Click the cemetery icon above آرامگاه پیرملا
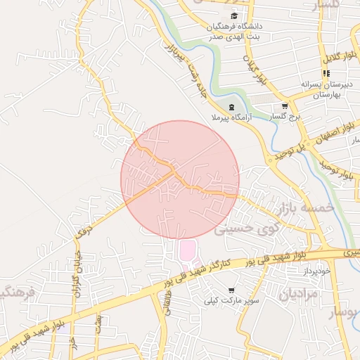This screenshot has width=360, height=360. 231,106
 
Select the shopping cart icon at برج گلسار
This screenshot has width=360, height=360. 284,105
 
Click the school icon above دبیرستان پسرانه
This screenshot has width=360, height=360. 326,73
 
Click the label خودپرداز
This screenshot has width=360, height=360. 314,270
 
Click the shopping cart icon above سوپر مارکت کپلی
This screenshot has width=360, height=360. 231,290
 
